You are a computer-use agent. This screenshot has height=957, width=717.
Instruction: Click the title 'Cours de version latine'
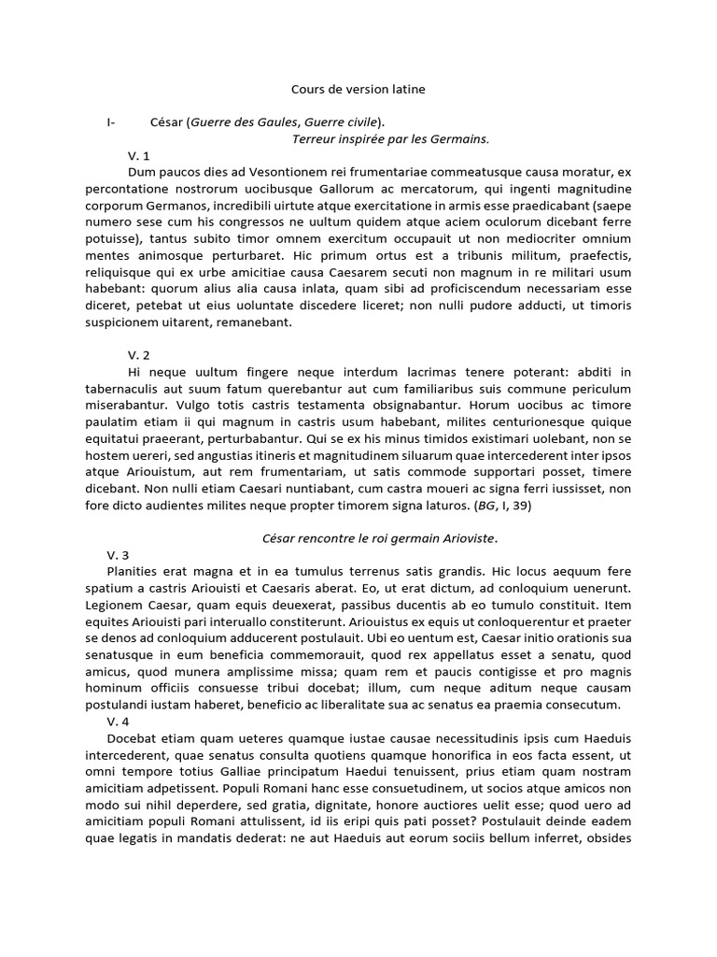click(x=359, y=89)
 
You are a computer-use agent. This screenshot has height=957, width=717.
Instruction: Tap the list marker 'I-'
click(x=112, y=121)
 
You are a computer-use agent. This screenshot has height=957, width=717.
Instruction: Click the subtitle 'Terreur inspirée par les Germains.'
click(x=391, y=138)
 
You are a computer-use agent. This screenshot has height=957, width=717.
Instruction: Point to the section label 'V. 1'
click(x=138, y=155)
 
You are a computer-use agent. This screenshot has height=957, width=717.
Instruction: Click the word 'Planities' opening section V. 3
click(x=137, y=570)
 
